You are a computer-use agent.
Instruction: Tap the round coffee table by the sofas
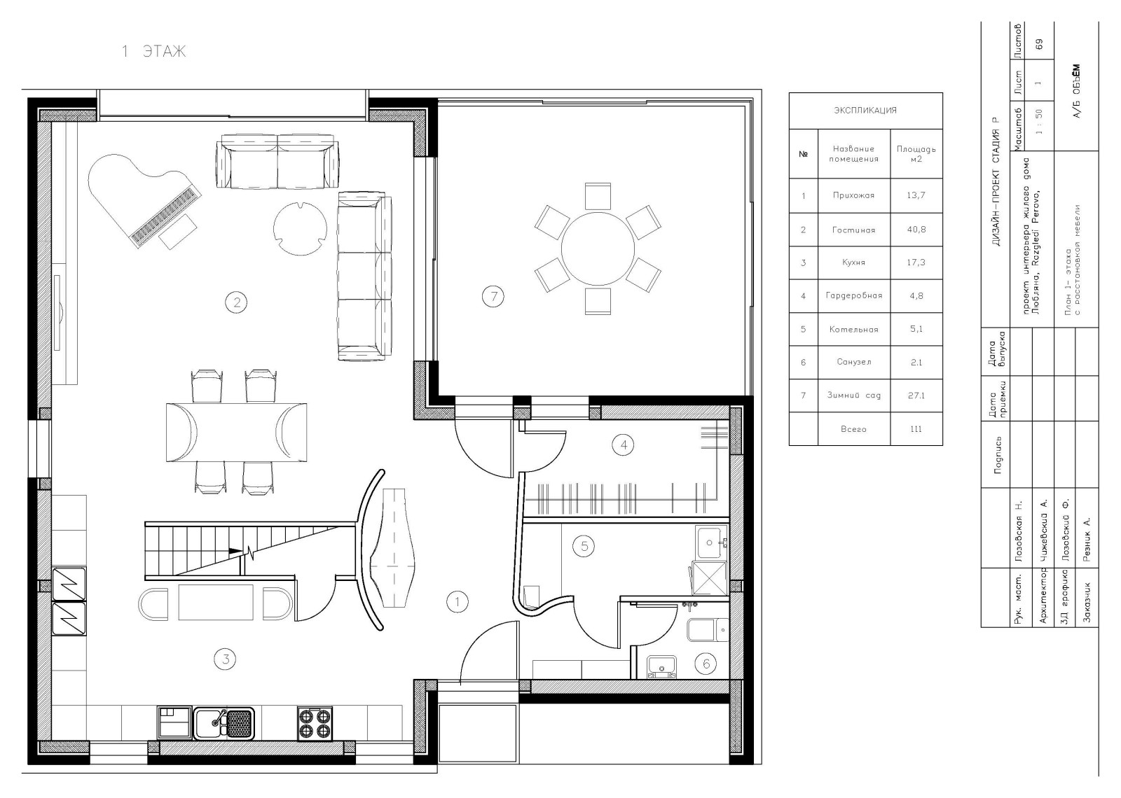coord(301,228)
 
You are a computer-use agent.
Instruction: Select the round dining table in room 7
coord(598,248)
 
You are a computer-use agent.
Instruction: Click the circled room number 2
coord(236,302)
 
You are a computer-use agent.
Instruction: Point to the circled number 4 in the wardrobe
coord(624,444)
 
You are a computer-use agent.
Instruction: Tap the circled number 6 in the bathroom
coord(706,664)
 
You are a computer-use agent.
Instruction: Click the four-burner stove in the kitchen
coord(315,723)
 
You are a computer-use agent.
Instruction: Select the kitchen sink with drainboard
coord(223,723)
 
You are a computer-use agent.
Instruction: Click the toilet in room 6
coord(708,630)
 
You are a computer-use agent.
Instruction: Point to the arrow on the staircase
coord(235,551)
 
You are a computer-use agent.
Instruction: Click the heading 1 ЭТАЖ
coord(154,51)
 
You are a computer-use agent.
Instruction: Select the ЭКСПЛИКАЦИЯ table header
coord(865,110)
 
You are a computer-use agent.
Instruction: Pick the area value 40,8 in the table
coord(916,230)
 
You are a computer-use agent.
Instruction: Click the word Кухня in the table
coord(854,262)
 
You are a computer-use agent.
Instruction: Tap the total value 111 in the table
coord(916,429)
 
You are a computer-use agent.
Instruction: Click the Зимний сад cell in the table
coord(854,395)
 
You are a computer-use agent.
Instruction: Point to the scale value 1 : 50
coord(1039,122)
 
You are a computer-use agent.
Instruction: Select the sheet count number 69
coord(1039,44)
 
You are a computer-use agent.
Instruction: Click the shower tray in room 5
coord(709,578)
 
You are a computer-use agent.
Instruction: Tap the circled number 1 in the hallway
coord(457,602)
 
